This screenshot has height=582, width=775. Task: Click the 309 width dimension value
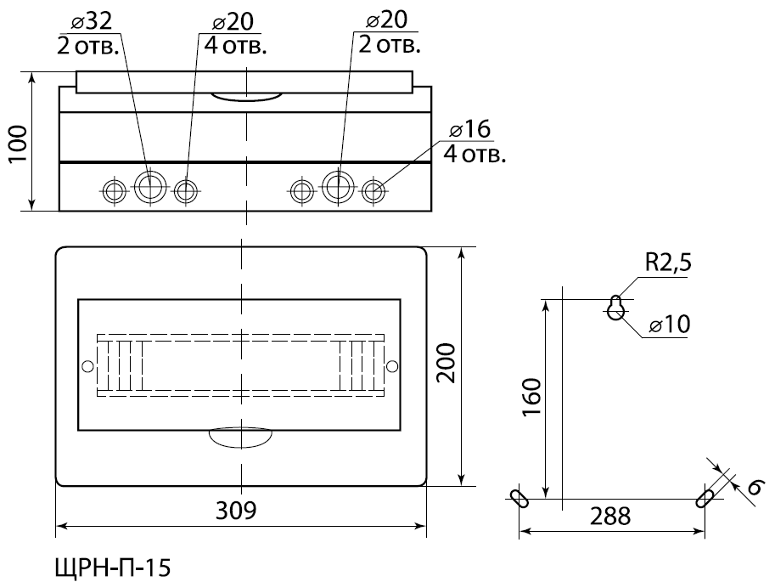pyautogui.click(x=236, y=511)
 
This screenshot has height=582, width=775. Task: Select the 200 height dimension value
pyautogui.click(x=447, y=363)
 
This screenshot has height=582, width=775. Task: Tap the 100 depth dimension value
pyautogui.click(x=19, y=144)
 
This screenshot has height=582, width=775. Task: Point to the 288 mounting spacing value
pyautogui.click(x=610, y=517)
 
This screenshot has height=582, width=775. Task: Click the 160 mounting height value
pyautogui.click(x=532, y=397)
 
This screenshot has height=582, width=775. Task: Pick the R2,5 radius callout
pyautogui.click(x=668, y=263)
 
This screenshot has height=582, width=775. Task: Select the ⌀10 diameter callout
pyautogui.click(x=671, y=325)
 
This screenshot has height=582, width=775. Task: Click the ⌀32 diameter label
pyautogui.click(x=92, y=21)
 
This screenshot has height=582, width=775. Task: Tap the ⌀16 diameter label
pyautogui.click(x=470, y=129)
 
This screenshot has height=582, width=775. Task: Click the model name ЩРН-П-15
pyautogui.click(x=113, y=568)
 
